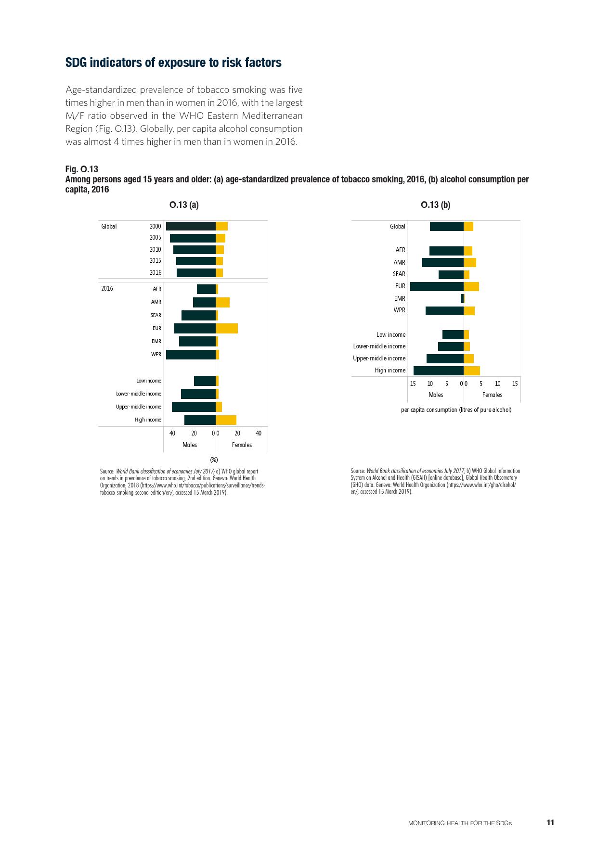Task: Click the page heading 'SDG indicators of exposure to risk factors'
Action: click(173, 63)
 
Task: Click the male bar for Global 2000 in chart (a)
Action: click(191, 226)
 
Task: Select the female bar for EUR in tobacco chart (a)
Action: click(227, 329)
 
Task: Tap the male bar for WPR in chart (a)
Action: click(191, 355)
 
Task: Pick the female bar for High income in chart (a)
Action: click(226, 420)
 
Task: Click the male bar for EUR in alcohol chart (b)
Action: click(437, 286)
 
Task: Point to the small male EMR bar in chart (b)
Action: click(462, 298)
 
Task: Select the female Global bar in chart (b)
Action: click(468, 227)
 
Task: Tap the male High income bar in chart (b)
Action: click(438, 371)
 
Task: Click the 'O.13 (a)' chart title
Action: click(184, 205)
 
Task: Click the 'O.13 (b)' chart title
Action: click(435, 205)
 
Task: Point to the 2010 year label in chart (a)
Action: click(155, 249)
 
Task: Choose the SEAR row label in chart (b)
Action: click(399, 274)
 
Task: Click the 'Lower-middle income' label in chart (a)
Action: click(139, 394)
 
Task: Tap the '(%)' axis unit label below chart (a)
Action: click(214, 460)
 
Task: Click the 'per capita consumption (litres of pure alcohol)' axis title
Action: click(456, 410)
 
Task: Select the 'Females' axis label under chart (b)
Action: click(492, 395)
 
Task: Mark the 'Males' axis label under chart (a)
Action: click(190, 445)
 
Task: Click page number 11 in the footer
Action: click(550, 822)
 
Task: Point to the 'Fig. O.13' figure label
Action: click(82, 169)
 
